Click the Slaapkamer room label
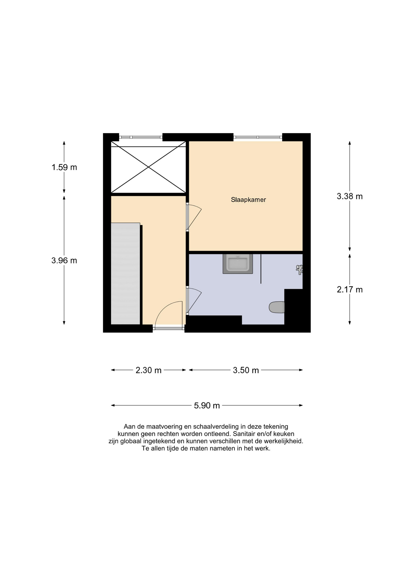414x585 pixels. point(248,200)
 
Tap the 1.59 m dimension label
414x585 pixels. point(64,167)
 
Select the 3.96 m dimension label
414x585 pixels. point(64,261)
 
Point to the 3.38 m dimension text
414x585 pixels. point(350,196)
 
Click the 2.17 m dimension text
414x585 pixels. point(350,289)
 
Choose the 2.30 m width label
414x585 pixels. point(148,370)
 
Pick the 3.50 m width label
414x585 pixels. point(246,370)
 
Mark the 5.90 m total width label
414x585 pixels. point(207,406)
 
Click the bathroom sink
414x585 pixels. point(238,264)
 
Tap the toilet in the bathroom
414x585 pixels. point(277,307)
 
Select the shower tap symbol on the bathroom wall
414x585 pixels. point(299,270)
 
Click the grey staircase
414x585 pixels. point(125,274)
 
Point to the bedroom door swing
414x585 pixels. point(194,216)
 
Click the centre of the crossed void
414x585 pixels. point(148,167)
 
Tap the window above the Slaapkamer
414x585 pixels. point(258,137)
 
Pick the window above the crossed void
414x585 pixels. point(141,137)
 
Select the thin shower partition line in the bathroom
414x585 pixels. point(261,269)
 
